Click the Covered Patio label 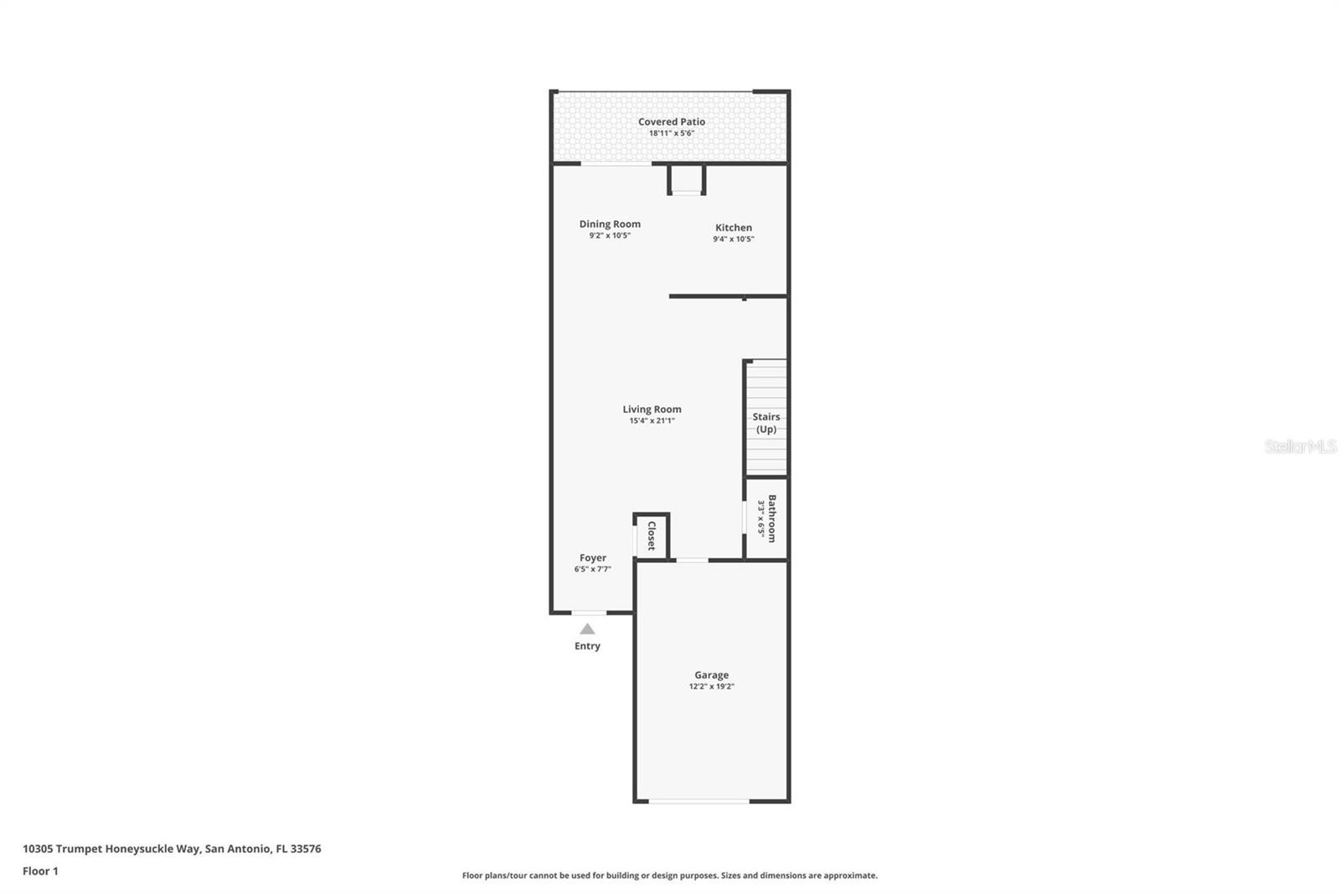coord(671,121)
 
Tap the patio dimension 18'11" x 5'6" coord(671,133)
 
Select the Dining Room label coord(610,224)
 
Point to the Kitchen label coord(733,227)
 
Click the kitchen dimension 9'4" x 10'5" coord(733,239)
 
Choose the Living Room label coord(652,409)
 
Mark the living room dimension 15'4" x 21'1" coord(652,421)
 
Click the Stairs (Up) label coord(765,422)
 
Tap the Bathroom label coord(772,518)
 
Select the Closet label coord(652,535)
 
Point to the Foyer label coord(592,557)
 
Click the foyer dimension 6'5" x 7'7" coord(592,569)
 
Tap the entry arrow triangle coord(587,629)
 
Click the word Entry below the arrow coord(587,646)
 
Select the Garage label coord(711,674)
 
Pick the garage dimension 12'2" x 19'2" coord(711,686)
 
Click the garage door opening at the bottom coord(698,801)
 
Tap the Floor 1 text coord(40,871)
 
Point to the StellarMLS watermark coord(1300,446)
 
